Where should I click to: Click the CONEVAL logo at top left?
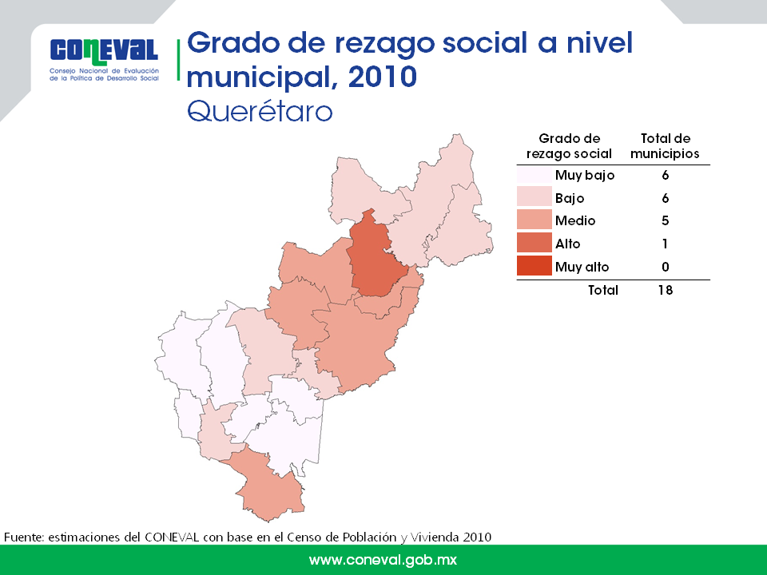tap(104, 58)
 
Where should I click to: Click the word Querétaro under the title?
tap(260, 112)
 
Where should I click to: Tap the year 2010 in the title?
tap(383, 77)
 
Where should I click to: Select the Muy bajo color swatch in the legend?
tap(535, 175)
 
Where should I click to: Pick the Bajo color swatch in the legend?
tap(535, 197)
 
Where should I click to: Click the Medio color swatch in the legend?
tap(535, 220)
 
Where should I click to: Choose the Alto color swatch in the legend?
tap(535, 243)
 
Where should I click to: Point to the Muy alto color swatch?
tap(535, 266)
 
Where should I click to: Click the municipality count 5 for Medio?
tap(666, 220)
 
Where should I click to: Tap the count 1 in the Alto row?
tap(666, 244)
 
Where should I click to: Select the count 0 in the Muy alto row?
tap(666, 267)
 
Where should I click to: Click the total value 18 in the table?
tap(666, 290)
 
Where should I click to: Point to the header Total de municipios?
tap(666, 145)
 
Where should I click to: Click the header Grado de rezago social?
tap(569, 145)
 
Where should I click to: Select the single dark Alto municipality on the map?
tap(374, 256)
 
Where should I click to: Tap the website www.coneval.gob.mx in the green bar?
tap(383, 560)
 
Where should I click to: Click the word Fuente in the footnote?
tap(24, 537)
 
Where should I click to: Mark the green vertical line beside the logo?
tap(178, 60)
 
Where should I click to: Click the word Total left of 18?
tap(603, 290)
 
